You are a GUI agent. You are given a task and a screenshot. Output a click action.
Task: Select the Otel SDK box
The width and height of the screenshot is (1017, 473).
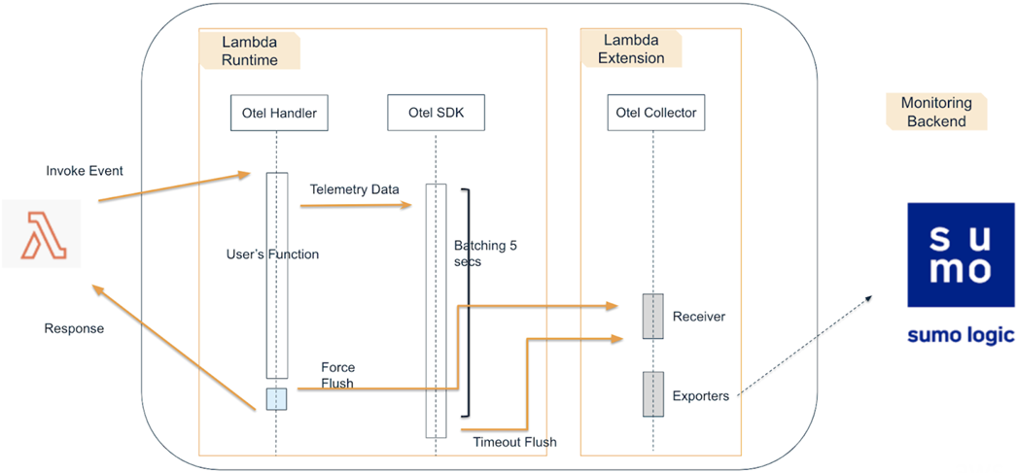437,113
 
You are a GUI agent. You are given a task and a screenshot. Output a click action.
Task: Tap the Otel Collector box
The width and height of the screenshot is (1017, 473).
655,113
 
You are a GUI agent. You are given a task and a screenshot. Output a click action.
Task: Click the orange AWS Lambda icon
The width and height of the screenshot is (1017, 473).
42,234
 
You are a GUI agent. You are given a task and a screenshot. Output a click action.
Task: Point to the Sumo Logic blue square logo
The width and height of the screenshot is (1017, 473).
961,254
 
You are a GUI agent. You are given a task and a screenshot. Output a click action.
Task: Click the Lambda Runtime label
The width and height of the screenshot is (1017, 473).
250,51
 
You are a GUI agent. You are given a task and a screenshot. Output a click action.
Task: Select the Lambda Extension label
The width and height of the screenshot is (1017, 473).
631,50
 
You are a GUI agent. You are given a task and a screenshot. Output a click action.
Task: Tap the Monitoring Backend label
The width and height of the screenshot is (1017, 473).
936,112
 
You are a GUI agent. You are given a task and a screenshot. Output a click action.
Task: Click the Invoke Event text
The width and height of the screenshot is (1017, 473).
85,171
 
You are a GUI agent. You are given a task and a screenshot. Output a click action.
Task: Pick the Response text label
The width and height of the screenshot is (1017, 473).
74,328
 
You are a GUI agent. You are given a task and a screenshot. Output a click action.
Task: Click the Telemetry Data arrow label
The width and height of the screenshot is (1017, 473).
354,189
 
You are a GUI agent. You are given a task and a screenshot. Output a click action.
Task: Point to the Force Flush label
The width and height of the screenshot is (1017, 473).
338,375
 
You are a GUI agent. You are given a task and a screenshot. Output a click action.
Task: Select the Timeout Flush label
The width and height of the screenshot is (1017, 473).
515,443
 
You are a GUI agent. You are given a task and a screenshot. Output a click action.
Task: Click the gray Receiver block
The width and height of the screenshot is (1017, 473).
652,317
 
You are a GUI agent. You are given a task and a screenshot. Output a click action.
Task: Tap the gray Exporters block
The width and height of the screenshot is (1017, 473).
653,394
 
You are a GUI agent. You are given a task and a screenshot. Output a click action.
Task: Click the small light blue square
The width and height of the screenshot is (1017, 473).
276,399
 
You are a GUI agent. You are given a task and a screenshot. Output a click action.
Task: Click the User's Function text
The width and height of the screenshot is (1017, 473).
272,254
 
